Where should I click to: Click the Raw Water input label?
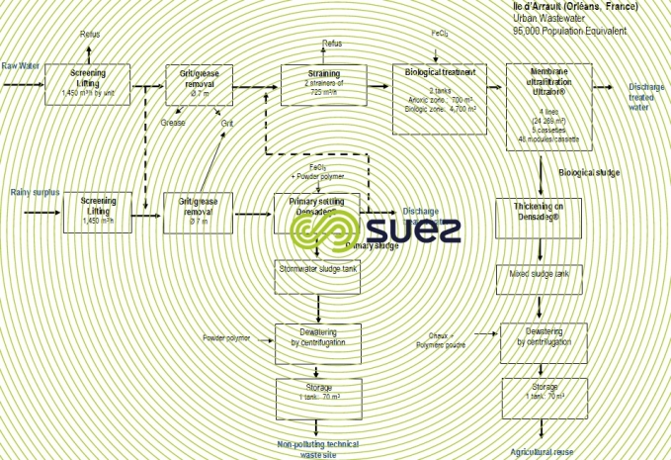point(19,65)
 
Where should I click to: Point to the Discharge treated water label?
point(647,97)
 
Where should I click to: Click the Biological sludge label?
point(589,172)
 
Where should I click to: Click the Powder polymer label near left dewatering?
point(227,338)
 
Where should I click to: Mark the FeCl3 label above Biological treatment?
point(441,34)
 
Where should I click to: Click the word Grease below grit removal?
point(174,124)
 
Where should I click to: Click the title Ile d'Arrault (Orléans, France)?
point(575,6)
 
